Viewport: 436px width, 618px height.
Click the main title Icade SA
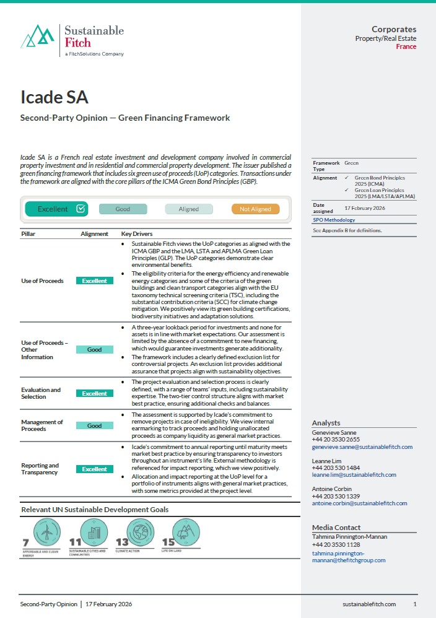tap(54, 98)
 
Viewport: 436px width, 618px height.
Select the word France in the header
tap(406, 47)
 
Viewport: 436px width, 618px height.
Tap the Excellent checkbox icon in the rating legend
tap(81, 209)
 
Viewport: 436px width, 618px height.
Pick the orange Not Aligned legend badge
tap(255, 209)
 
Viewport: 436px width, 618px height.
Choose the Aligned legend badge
tap(188, 209)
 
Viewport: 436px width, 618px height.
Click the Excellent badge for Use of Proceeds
tap(94, 281)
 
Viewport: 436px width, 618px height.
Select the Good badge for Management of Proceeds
tap(94, 426)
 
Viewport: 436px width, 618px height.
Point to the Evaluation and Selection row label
tap(41, 393)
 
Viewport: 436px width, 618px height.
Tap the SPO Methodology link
tap(333, 220)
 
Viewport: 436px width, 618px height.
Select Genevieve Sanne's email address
tap(362, 446)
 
